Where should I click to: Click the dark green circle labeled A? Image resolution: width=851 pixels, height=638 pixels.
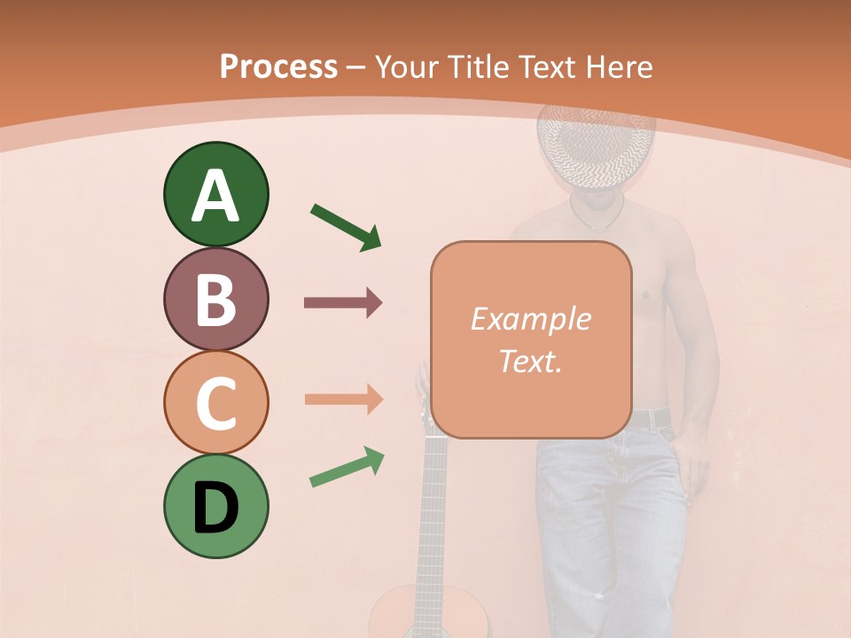pos(215,194)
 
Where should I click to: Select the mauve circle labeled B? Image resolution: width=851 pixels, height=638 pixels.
pos(215,299)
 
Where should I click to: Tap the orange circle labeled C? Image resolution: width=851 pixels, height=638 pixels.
pos(215,402)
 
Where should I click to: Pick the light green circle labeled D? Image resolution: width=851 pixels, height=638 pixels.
pos(215,506)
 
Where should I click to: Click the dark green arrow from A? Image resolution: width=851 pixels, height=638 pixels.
pos(346,227)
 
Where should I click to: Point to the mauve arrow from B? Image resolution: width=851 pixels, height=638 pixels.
pos(343,303)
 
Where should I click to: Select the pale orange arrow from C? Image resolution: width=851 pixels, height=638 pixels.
pos(343,399)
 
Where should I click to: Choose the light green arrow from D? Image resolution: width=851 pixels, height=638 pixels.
pos(347,468)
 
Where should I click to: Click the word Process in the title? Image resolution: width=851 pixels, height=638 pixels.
pos(278,66)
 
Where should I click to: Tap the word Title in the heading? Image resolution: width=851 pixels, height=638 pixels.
pos(480,66)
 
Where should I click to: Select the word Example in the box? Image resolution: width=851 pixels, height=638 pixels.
pos(530,319)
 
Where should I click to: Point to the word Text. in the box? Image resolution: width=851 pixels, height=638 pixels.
pos(530,361)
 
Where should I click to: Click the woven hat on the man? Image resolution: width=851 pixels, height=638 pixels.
pos(596,146)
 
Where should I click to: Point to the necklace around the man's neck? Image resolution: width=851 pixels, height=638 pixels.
pos(596,217)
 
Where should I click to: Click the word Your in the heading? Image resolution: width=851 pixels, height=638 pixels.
pos(408,66)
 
